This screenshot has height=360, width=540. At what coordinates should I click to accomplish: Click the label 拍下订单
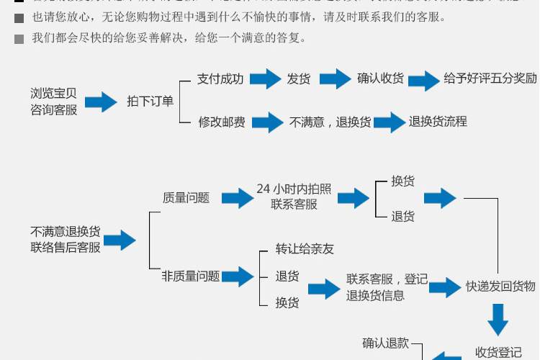[150, 102]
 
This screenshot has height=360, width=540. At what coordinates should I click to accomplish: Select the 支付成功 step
[220, 79]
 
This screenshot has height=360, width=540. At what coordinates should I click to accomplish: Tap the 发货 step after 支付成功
[299, 79]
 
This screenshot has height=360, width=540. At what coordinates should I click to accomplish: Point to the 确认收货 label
[380, 79]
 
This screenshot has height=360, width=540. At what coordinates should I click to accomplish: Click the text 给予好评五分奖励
[490, 79]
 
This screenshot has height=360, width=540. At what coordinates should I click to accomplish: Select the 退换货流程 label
[438, 122]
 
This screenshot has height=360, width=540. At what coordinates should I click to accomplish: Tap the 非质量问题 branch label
[191, 276]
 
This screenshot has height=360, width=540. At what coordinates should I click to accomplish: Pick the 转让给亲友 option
[305, 249]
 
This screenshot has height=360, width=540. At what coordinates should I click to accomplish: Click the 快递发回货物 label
[500, 287]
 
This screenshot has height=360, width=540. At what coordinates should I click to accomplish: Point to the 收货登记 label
[498, 353]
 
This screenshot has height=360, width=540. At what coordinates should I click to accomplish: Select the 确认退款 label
[385, 343]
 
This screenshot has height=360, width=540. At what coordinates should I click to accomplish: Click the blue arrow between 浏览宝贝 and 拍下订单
[101, 102]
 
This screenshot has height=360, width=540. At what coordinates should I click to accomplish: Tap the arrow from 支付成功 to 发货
[264, 79]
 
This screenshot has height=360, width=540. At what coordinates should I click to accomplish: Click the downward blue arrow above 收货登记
[498, 318]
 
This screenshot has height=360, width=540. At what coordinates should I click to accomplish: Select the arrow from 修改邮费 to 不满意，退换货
[267, 122]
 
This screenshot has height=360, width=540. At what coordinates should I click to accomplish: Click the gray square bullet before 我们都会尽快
[19, 39]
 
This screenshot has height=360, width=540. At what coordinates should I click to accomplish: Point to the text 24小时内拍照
[294, 189]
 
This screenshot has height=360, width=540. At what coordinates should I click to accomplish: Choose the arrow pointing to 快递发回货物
[444, 287]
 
